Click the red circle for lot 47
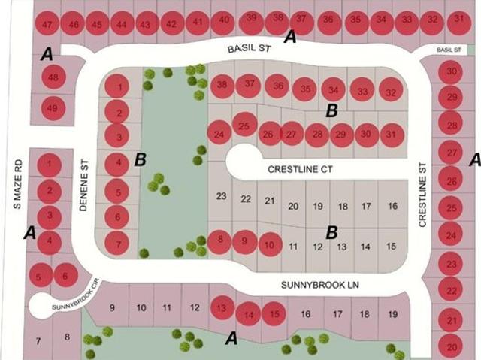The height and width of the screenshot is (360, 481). [x=47, y=23]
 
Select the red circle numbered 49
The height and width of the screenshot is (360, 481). [x=53, y=108]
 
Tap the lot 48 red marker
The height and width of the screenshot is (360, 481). [x=53, y=77]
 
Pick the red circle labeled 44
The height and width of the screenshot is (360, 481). [x=122, y=23]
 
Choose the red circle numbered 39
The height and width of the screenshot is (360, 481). [x=251, y=22]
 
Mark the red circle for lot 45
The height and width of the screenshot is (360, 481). [x=97, y=23]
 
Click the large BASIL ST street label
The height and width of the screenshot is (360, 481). [x=250, y=49]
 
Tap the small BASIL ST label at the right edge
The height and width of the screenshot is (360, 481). [x=449, y=50]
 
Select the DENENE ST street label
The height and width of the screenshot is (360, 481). [x=83, y=185]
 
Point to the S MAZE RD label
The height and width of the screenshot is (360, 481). [x=18, y=184]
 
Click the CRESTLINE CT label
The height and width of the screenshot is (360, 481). [x=300, y=169]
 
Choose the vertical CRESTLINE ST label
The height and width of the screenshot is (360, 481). [x=422, y=195]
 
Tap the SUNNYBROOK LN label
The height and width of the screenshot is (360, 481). [x=320, y=285]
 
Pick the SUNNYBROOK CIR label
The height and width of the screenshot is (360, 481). [x=76, y=295]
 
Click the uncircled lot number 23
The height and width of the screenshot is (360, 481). [x=222, y=196]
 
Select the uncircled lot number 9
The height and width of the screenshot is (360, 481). [x=112, y=307]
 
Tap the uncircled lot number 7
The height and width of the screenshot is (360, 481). [x=38, y=341]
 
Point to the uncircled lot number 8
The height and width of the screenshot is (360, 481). [x=67, y=337]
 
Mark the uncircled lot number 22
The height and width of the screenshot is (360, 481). [x=246, y=199]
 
